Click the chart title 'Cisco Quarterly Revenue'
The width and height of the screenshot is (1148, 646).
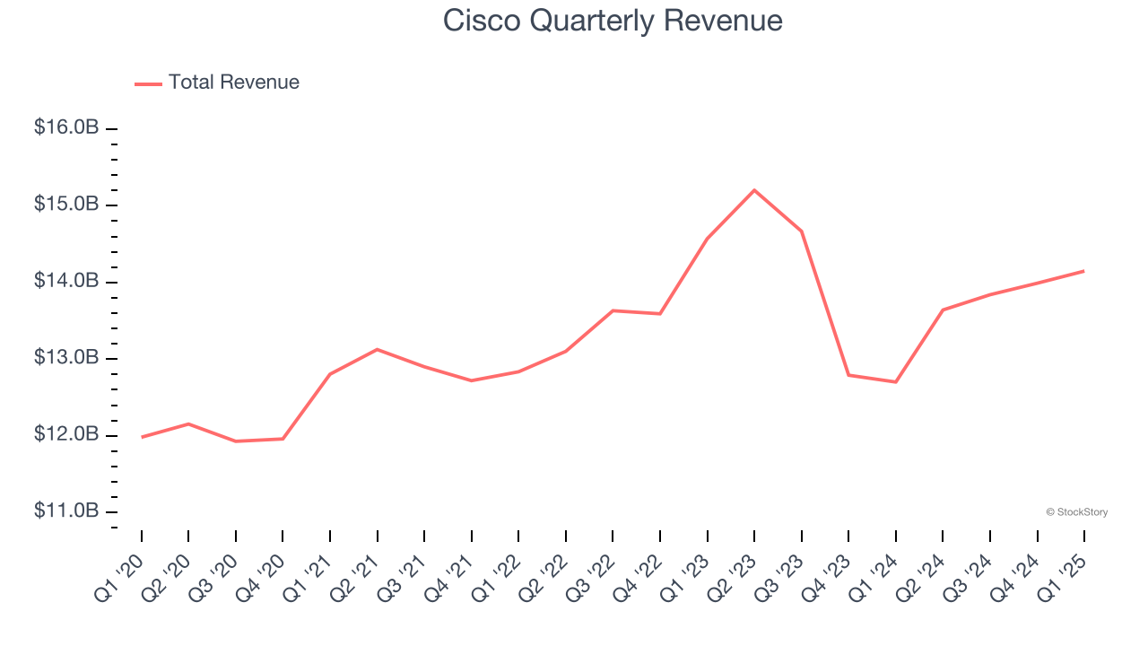coord(613,21)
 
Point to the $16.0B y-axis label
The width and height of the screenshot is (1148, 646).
coord(66,127)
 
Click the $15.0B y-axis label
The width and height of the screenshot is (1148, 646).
coord(66,205)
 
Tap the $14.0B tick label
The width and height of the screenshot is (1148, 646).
coord(66,281)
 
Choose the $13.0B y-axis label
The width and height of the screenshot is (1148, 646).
coord(66,358)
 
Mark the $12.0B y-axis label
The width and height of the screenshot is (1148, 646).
coord(66,434)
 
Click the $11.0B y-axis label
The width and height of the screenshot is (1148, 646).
coord(66,511)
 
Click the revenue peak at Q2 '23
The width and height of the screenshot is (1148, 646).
coord(754,190)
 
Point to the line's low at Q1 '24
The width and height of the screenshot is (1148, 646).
coord(896,382)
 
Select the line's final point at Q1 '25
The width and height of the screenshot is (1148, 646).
coord(1083,271)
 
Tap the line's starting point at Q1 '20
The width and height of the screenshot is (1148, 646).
coord(142,437)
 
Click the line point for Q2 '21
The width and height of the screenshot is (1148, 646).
coord(378,349)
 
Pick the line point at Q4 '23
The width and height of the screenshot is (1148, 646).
coord(848,375)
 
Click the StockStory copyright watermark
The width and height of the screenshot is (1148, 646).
coord(1076,512)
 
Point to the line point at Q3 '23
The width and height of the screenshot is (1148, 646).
coord(801,231)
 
